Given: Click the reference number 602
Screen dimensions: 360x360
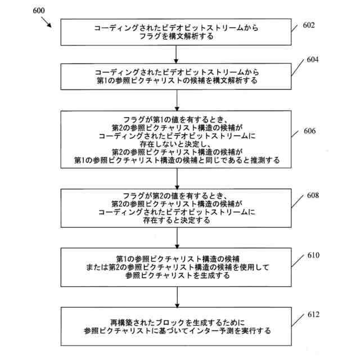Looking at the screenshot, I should (x=308, y=25).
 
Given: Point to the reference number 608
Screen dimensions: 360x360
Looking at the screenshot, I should (x=312, y=196).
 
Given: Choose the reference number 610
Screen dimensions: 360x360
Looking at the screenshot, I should (x=312, y=255).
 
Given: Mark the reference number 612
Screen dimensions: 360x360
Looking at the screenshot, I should (x=312, y=314).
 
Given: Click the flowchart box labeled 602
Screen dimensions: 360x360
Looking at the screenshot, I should (x=177, y=32).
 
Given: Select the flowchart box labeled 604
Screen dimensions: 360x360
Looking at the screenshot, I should (x=177, y=76).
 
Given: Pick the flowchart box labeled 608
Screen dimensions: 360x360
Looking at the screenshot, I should (x=177, y=208).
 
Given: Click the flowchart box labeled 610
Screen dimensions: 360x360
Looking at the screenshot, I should (x=177, y=266).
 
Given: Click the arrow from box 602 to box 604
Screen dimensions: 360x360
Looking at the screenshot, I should (x=177, y=53).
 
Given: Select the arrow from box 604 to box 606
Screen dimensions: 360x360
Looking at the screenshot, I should (x=177, y=100).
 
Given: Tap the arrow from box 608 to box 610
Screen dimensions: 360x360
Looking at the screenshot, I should (x=177, y=237).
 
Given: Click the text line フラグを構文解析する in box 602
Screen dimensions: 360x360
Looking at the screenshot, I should (x=177, y=37).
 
